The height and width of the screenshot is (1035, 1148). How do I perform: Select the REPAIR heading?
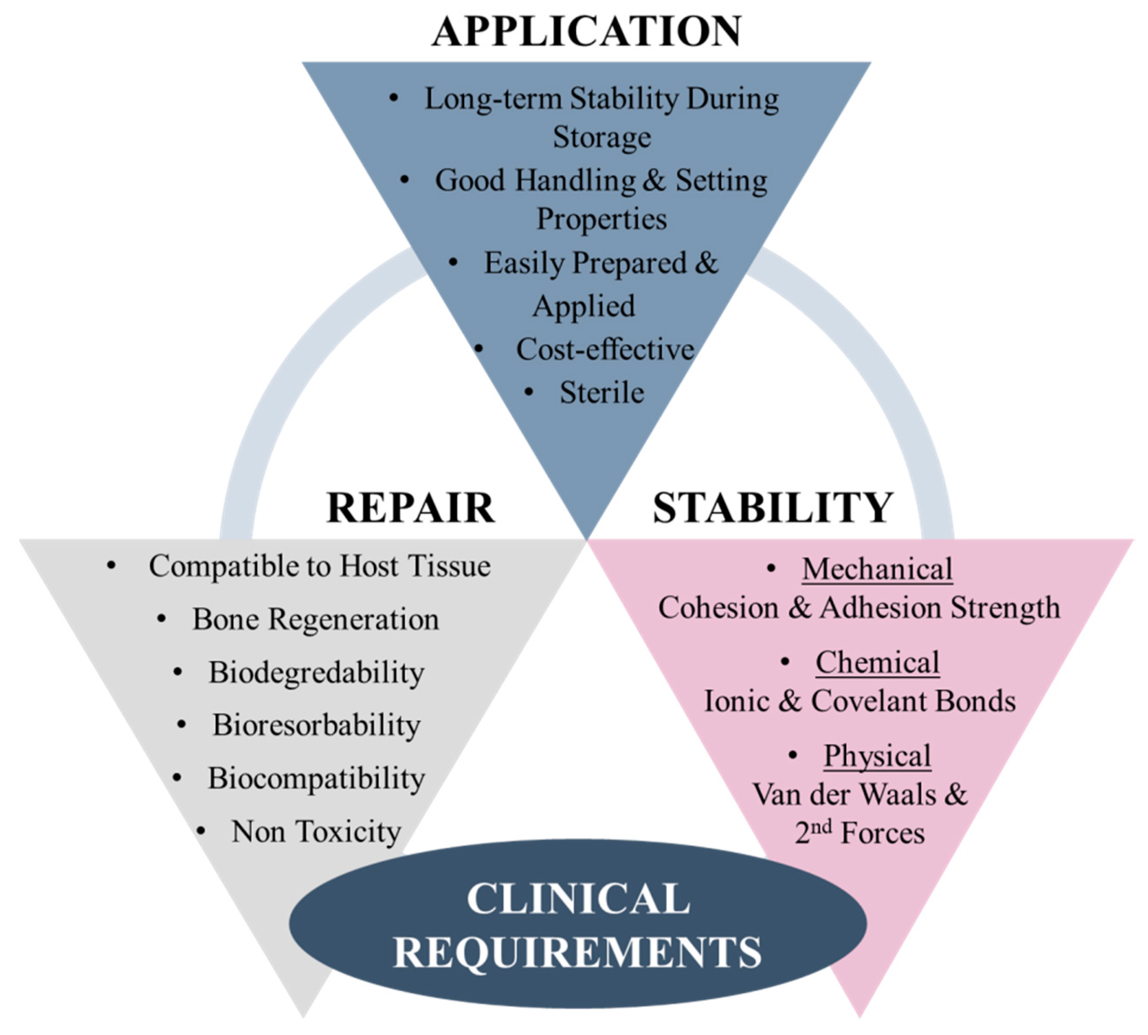click(410, 508)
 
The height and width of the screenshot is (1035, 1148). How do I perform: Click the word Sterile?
click(602, 393)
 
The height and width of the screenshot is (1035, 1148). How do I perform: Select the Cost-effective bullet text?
click(605, 350)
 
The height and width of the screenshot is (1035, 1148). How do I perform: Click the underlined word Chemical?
click(877, 662)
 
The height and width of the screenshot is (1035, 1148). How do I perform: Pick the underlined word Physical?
click(877, 756)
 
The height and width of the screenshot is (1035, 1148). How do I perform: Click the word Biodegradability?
click(316, 673)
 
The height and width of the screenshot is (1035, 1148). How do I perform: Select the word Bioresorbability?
click(316, 726)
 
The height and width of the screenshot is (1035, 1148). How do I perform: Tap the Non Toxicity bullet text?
click(316, 832)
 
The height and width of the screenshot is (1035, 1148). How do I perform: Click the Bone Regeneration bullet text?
click(316, 619)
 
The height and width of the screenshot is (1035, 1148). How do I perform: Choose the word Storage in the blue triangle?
click(602, 138)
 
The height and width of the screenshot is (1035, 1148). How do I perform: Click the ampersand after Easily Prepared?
click(706, 263)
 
